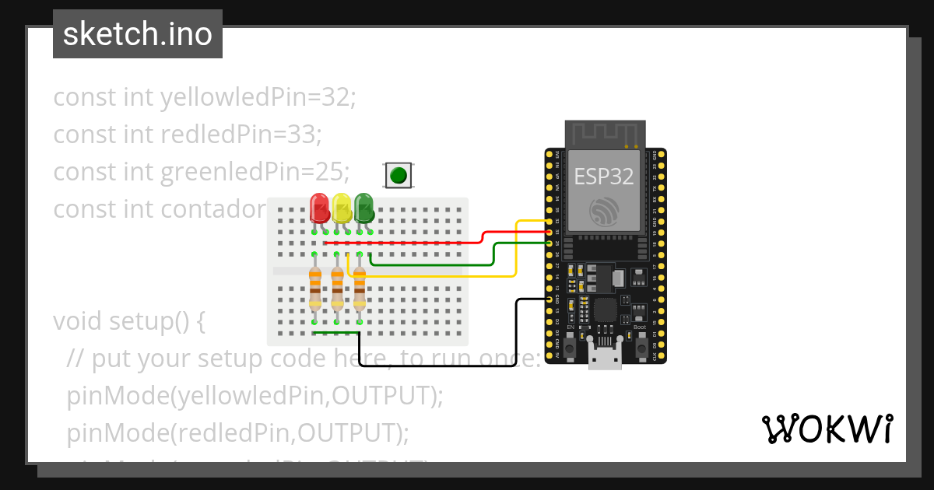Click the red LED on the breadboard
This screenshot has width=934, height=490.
pos(319,207)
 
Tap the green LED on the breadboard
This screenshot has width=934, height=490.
pos(363,207)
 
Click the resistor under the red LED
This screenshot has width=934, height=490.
pos(315,289)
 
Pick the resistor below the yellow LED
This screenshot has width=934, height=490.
pos(337,289)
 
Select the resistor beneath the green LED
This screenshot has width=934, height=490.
pos(360,289)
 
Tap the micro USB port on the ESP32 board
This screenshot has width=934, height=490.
pos(605,359)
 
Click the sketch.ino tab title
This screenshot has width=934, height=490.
pos(138,34)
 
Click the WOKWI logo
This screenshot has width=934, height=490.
pos(827,429)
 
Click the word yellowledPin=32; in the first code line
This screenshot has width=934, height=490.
pos(258,97)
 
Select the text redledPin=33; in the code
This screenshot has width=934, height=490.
pos(241,134)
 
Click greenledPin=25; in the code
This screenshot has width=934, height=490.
pos(255,170)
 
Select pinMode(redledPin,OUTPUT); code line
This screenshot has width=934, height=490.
pos(237,432)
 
